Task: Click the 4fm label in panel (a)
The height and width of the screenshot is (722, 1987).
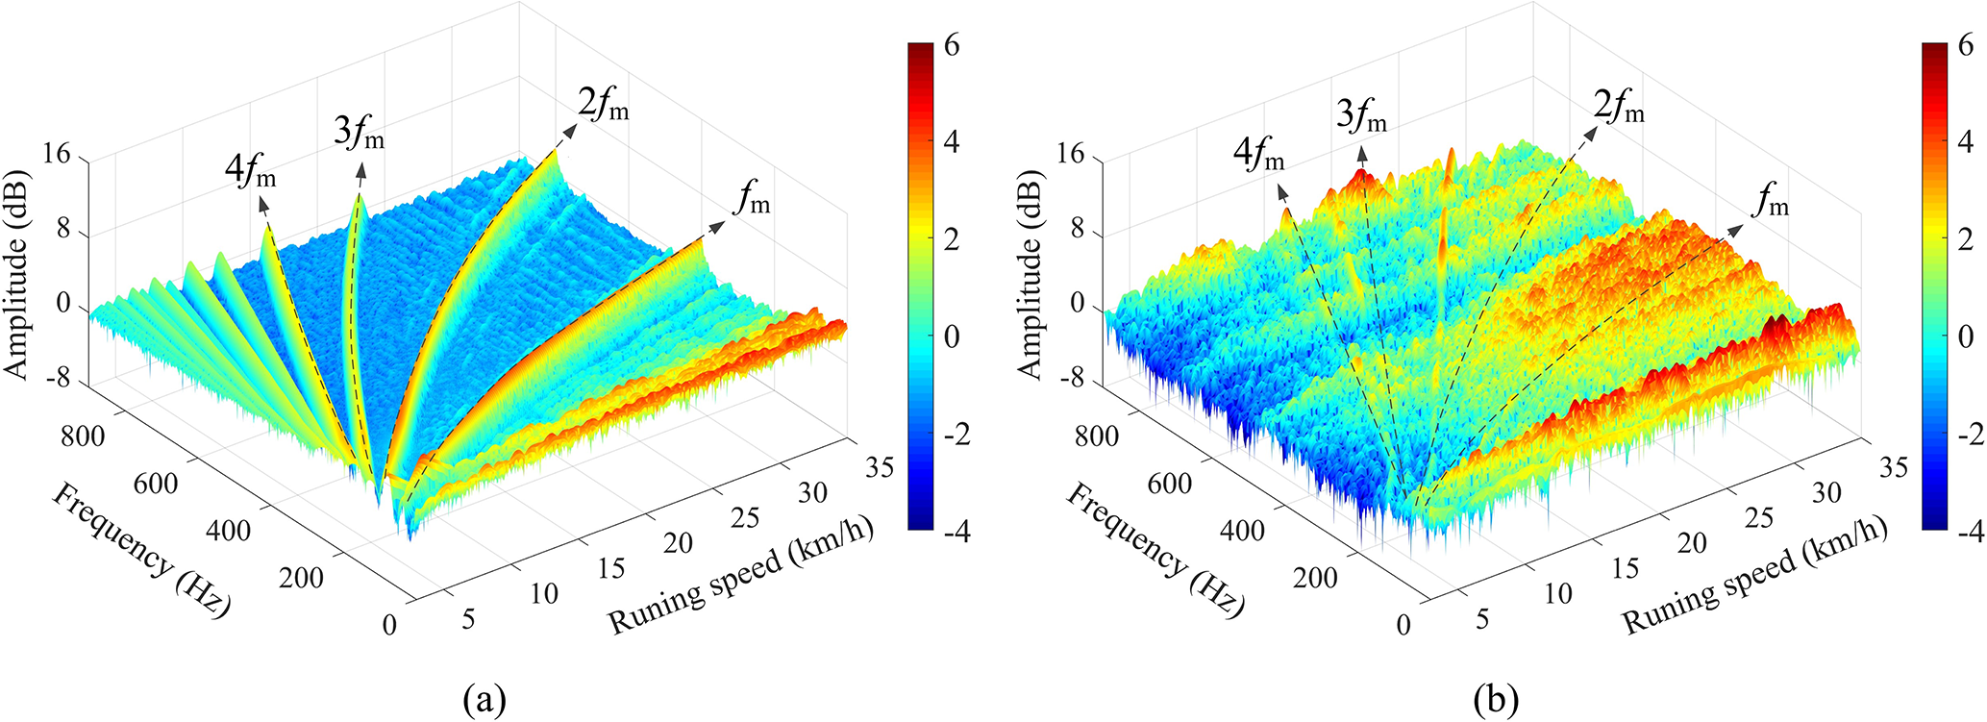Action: point(251,174)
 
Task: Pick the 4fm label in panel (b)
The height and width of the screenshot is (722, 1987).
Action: point(1258,154)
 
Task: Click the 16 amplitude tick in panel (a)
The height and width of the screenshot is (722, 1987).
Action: point(57,154)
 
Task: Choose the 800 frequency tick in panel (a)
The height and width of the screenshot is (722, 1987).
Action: point(83,436)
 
